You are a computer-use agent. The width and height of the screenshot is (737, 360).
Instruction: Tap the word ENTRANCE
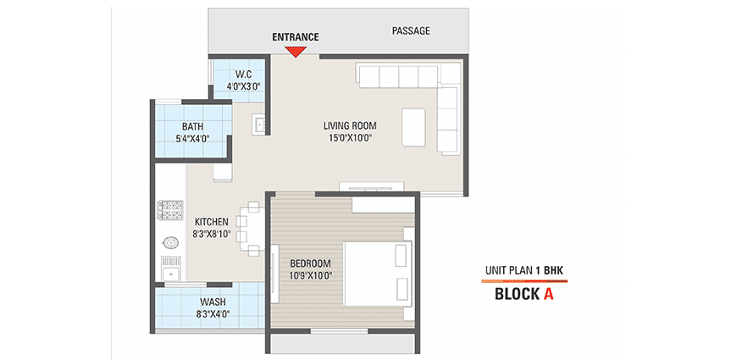pyautogui.click(x=295, y=37)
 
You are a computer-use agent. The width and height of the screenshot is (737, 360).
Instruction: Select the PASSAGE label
pyautogui.click(x=411, y=31)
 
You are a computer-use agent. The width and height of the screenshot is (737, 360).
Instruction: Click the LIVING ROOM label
pyautogui.click(x=350, y=125)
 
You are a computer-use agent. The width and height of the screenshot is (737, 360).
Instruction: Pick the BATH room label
pyautogui.click(x=192, y=126)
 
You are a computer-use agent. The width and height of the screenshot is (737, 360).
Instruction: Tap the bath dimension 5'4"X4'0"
pyautogui.click(x=192, y=139)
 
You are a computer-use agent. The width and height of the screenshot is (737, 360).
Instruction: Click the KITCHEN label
pyautogui.click(x=212, y=221)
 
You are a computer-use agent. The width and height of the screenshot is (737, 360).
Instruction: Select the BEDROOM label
pyautogui.click(x=310, y=263)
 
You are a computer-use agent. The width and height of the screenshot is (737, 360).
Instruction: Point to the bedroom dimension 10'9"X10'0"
pyautogui.click(x=310, y=275)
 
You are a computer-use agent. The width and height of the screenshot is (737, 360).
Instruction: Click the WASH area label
pyautogui.click(x=213, y=302)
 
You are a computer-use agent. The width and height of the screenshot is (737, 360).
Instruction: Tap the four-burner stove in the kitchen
pyautogui.click(x=170, y=211)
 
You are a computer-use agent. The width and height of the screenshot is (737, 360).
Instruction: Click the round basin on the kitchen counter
pyautogui.click(x=170, y=243)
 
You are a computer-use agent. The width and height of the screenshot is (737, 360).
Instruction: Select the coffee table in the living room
pyautogui.click(x=414, y=128)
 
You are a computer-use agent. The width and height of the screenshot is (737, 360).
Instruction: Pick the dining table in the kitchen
pyautogui.click(x=250, y=229)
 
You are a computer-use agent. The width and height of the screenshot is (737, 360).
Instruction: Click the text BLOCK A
pyautogui.click(x=524, y=294)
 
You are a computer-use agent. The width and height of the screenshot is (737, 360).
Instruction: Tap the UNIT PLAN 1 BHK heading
pyautogui.click(x=524, y=270)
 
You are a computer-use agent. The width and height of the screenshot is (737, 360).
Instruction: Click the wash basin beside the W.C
pyautogui.click(x=259, y=125)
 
